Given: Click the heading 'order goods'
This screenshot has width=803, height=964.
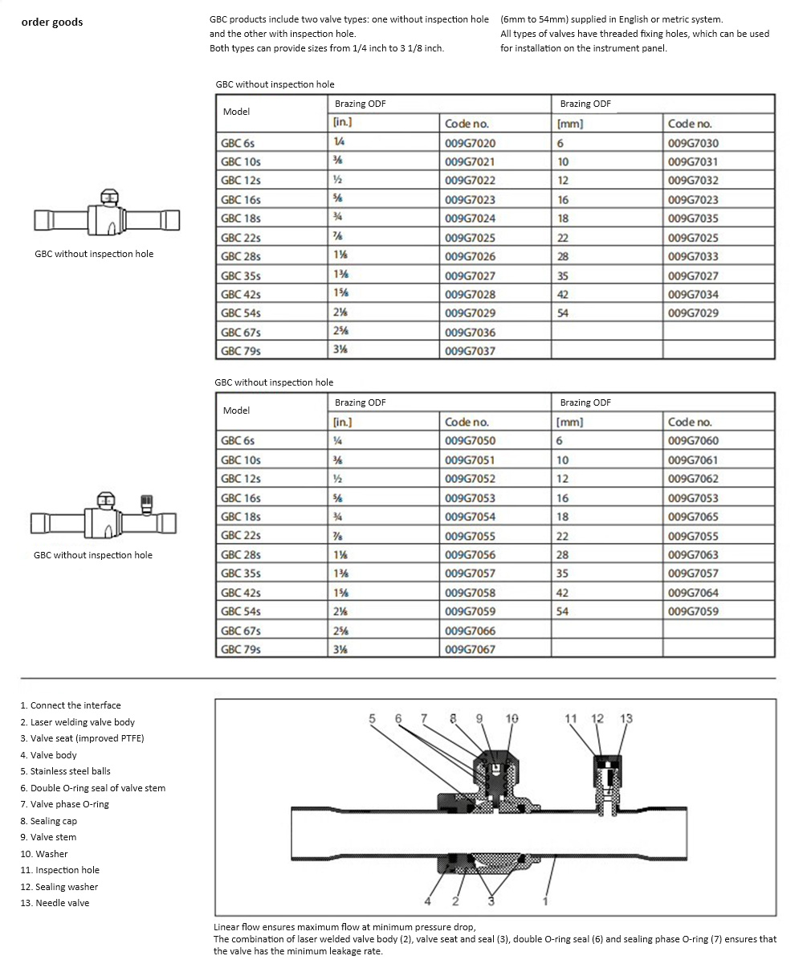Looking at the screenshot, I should click(52, 22).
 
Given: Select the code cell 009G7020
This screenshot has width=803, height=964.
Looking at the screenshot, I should click(470, 143).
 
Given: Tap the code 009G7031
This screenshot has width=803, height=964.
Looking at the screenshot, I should click(693, 161).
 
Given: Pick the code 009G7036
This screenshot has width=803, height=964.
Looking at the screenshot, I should click(470, 333).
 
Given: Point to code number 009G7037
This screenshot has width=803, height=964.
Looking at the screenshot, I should click(470, 351).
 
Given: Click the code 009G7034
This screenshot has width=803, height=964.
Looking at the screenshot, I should click(693, 295).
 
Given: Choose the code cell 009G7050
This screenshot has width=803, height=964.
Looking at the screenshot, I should click(470, 441).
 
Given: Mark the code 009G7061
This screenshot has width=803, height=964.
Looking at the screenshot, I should click(693, 460).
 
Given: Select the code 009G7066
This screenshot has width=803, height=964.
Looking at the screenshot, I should click(470, 631).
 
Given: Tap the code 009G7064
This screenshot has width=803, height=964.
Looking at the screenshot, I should click(693, 593).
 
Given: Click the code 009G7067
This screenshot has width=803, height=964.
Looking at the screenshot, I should click(470, 649).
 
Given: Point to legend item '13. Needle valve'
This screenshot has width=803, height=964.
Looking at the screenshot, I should click(55, 903).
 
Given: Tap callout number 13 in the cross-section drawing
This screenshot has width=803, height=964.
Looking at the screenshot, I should click(626, 718).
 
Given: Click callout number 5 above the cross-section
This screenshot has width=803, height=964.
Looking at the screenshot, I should click(372, 718).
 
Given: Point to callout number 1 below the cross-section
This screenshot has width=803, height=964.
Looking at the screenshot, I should click(545, 901).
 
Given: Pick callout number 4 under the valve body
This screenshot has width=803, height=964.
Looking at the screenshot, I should click(429, 901).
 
